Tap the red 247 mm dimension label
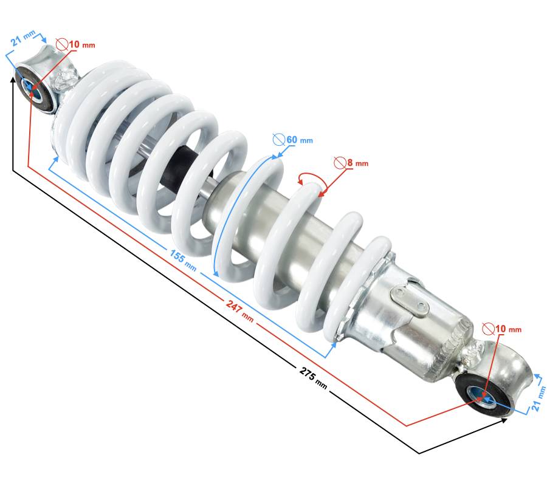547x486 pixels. tap(239, 310)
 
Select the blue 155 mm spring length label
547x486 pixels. tap(183, 260)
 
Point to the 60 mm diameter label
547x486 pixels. tap(300, 140)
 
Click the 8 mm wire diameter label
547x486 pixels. tap(357, 163)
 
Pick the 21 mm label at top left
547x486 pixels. tap(23, 38)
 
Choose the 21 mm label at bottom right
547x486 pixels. tap(538, 398)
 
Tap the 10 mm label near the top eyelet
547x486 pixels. tap(82, 44)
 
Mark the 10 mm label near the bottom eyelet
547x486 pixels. tap(508, 329)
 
